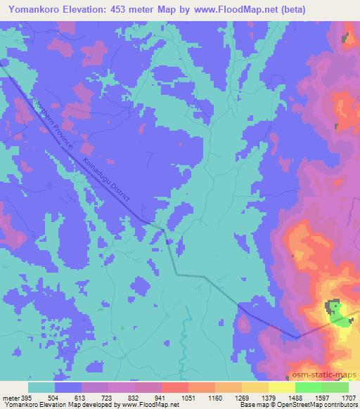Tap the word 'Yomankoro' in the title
31,10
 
